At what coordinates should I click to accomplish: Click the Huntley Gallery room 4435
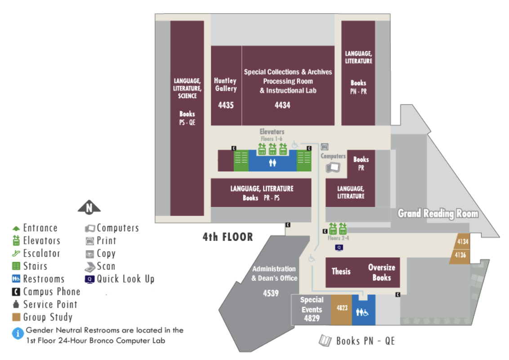click(x=226, y=85)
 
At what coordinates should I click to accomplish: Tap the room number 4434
click(x=282, y=105)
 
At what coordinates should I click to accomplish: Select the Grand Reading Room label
click(x=438, y=213)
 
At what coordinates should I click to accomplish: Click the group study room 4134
click(x=462, y=241)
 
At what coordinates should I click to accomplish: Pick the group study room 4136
click(x=460, y=256)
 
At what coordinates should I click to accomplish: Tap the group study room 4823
click(x=341, y=309)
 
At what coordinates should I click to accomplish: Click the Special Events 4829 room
click(x=311, y=309)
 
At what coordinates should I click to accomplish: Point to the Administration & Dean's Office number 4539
click(x=271, y=293)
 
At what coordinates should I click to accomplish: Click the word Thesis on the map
click(x=341, y=271)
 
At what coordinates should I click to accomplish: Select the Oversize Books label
click(x=382, y=272)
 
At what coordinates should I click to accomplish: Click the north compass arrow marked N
click(x=89, y=207)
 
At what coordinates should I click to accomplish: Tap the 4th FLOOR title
click(x=228, y=237)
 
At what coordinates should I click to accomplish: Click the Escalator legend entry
click(x=36, y=253)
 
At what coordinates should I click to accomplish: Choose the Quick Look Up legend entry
click(x=120, y=279)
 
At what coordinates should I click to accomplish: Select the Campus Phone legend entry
click(x=46, y=292)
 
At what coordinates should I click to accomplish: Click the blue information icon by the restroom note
click(x=18, y=333)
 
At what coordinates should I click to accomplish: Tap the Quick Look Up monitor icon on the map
click(x=339, y=248)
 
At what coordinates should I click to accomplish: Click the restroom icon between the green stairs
click(x=272, y=162)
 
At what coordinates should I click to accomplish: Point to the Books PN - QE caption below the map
click(x=357, y=341)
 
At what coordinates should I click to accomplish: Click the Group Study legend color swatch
click(x=16, y=317)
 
